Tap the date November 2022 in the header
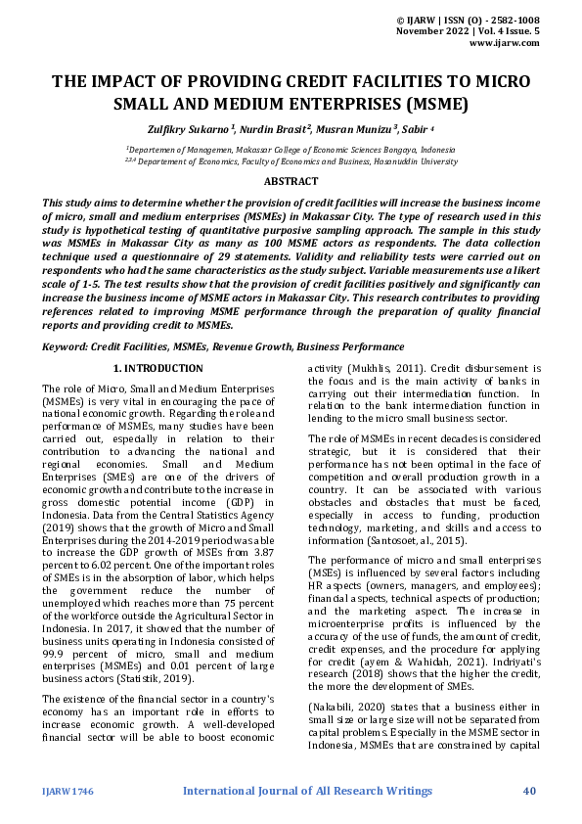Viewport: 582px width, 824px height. click(x=430, y=31)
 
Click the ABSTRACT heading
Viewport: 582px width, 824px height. click(x=291, y=181)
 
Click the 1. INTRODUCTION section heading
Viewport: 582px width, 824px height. click(x=157, y=368)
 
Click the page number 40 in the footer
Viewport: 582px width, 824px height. click(x=529, y=790)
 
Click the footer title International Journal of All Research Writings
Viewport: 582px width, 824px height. click(x=307, y=790)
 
